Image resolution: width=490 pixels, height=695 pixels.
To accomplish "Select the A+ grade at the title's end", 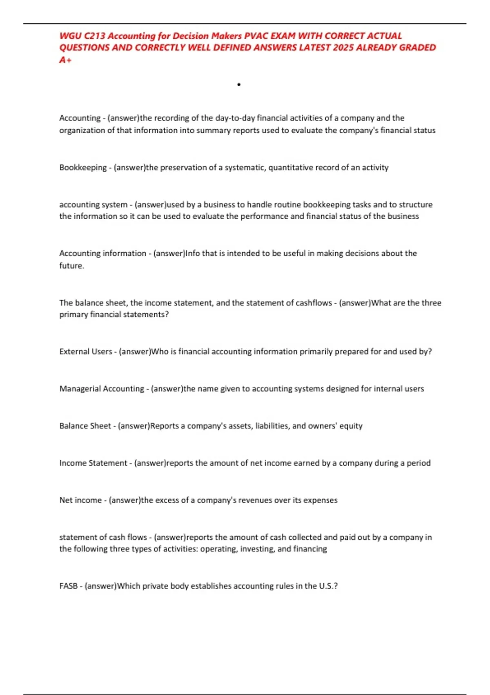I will pos(65,60).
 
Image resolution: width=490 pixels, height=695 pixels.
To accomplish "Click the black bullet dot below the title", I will pos(238,85).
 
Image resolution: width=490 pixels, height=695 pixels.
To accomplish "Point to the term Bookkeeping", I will pos(83,168).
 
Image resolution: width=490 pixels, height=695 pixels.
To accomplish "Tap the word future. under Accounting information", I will pos(72,266).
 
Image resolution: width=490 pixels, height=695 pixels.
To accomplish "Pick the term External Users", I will pos(86,352).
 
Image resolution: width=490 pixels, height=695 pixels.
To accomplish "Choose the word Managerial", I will pos(80,389).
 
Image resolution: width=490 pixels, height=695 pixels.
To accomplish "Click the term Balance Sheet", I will pos(85,426).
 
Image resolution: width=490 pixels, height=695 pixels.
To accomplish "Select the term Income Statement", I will pos(93,463).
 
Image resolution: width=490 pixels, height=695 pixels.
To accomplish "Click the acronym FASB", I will pos(68,586).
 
